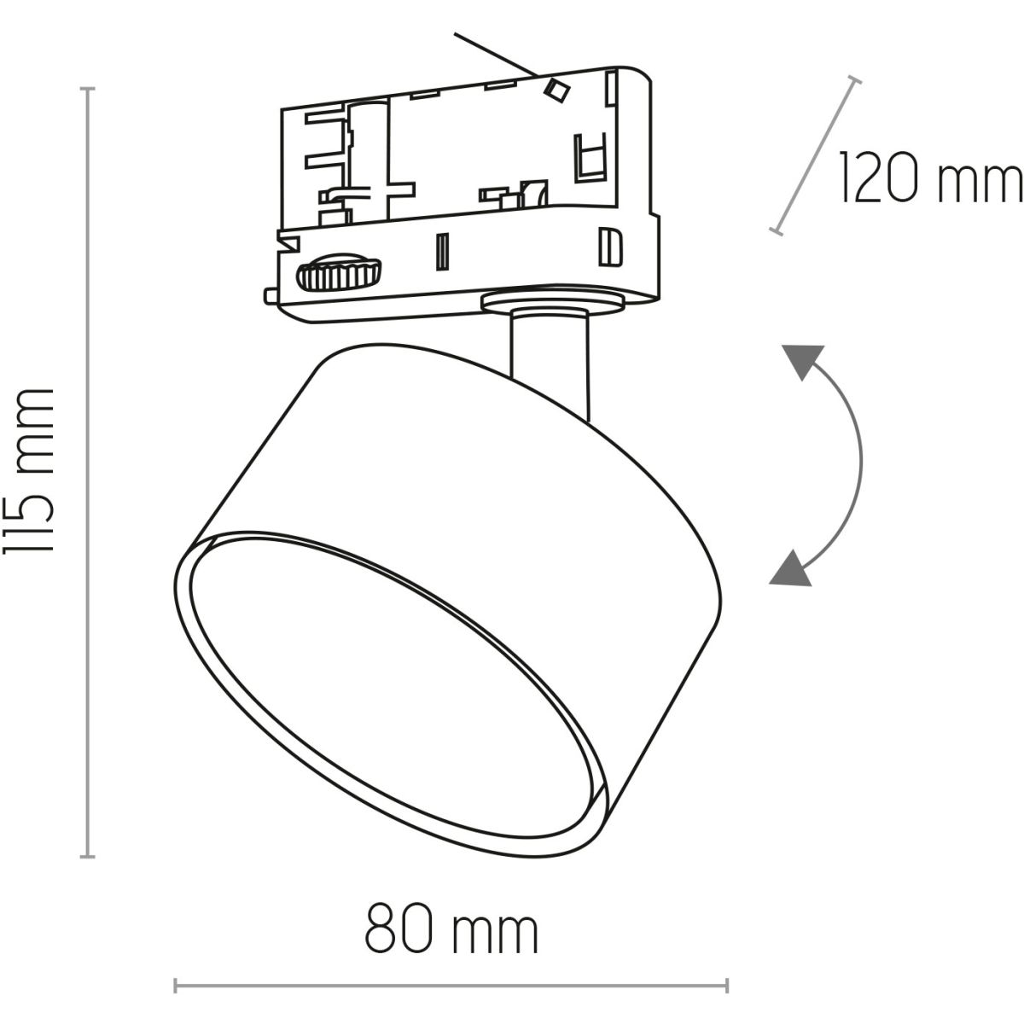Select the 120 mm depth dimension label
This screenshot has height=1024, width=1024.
click(x=930, y=177)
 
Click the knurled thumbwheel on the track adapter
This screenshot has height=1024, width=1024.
click(x=339, y=271)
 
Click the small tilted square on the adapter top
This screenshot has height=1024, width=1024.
click(x=556, y=90)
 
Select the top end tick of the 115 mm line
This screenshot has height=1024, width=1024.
click(x=87, y=88)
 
